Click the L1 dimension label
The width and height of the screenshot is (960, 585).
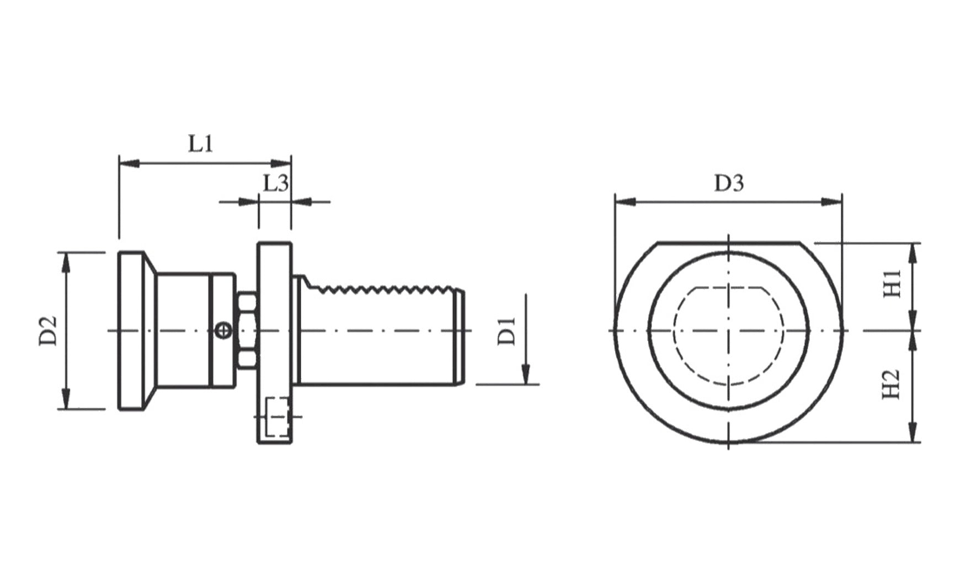click(201, 143)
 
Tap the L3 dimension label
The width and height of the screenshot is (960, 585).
click(275, 183)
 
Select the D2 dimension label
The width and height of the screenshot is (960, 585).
click(49, 331)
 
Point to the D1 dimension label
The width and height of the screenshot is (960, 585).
click(506, 331)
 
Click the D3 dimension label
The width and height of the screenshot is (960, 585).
click(729, 183)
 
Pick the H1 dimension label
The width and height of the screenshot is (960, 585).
click(892, 284)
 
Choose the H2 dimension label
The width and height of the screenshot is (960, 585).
click(892, 384)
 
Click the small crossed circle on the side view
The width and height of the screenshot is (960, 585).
click(222, 331)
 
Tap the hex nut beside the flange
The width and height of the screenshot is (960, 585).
click(247, 331)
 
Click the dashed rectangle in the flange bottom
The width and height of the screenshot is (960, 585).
click(278, 417)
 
